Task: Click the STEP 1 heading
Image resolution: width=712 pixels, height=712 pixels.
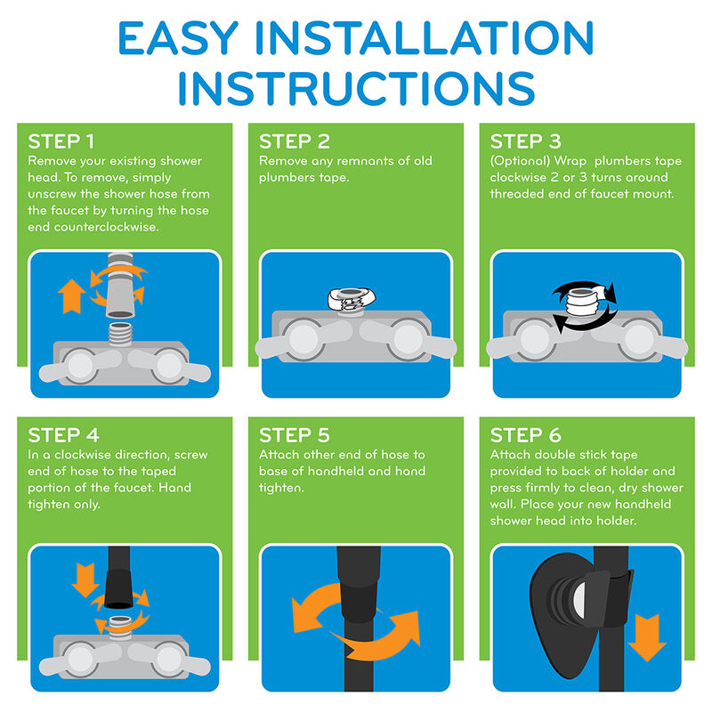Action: [x=61, y=142]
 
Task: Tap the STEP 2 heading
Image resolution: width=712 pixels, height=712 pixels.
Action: [x=295, y=142]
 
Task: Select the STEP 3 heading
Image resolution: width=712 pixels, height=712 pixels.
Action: [x=526, y=142]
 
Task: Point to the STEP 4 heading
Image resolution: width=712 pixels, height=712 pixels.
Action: [x=63, y=435]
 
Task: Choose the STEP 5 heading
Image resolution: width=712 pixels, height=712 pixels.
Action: [x=295, y=435]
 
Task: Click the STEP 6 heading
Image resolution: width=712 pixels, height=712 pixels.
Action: [x=526, y=435]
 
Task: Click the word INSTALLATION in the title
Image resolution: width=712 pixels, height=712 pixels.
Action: [x=425, y=38]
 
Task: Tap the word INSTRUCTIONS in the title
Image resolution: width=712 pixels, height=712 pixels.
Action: [x=357, y=88]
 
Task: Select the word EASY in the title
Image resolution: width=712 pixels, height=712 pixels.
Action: [x=178, y=38]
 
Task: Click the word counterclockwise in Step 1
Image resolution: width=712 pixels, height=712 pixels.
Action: [x=106, y=227]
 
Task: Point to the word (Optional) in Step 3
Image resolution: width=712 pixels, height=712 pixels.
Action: [x=520, y=162]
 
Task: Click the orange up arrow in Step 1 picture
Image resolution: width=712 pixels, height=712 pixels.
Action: [x=71, y=296]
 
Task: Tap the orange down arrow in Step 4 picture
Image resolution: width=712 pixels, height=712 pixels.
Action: [x=85, y=580]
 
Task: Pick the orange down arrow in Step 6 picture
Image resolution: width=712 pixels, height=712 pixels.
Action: [x=647, y=637]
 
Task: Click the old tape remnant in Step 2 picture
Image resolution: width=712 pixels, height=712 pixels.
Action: [x=352, y=299]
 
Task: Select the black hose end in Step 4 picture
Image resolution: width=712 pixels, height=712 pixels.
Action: [x=119, y=589]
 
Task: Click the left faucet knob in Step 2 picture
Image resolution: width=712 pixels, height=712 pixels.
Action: [x=303, y=339]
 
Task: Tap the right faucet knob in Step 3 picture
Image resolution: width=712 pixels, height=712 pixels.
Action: [x=639, y=339]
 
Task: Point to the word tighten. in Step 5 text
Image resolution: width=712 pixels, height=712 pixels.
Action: [x=281, y=488]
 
